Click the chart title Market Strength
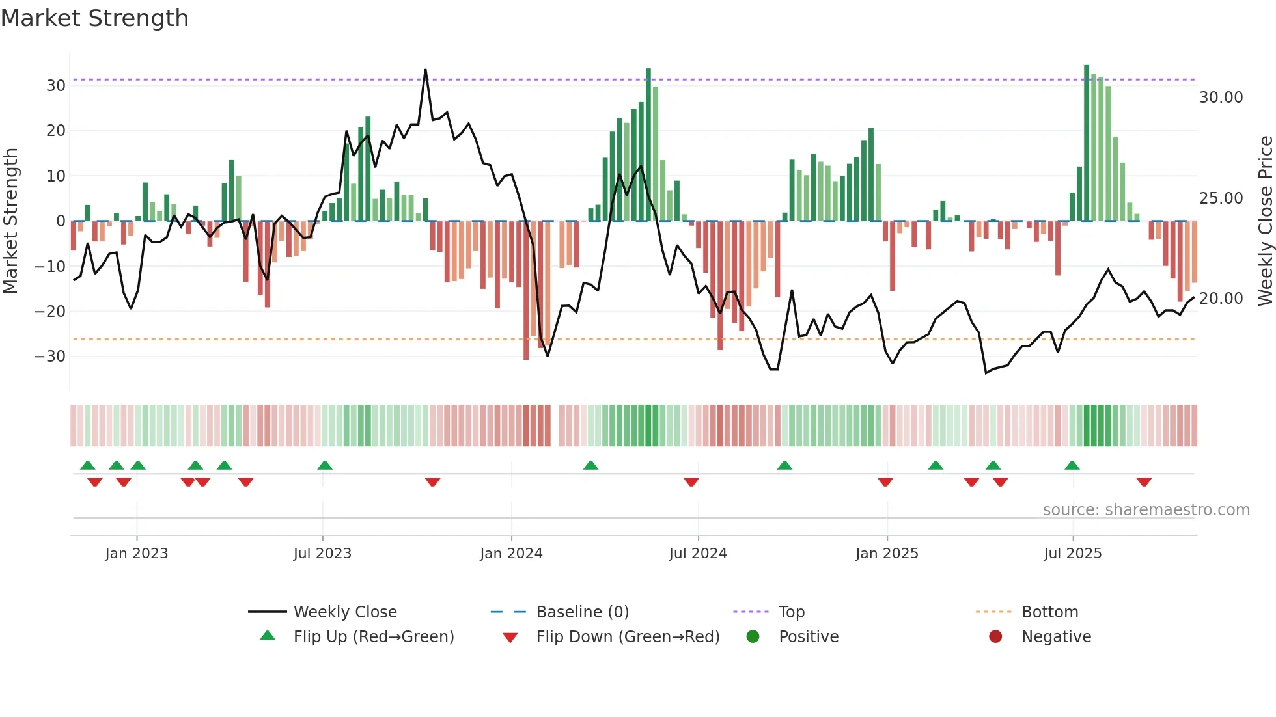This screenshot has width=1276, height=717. (x=94, y=18)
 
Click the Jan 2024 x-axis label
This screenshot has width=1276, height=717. (x=511, y=554)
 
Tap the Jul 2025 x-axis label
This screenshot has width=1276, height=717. (x=1072, y=554)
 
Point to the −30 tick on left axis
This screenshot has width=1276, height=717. (x=50, y=357)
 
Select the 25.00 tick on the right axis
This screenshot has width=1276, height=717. (x=1221, y=198)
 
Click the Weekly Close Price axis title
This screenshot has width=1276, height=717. (x=1265, y=221)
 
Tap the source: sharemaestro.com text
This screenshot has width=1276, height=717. (x=1146, y=510)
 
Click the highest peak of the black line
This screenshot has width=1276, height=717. (x=425, y=70)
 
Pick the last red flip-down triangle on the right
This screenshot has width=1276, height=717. (x=1144, y=482)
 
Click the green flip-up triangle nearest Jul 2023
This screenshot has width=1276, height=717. (x=325, y=465)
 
